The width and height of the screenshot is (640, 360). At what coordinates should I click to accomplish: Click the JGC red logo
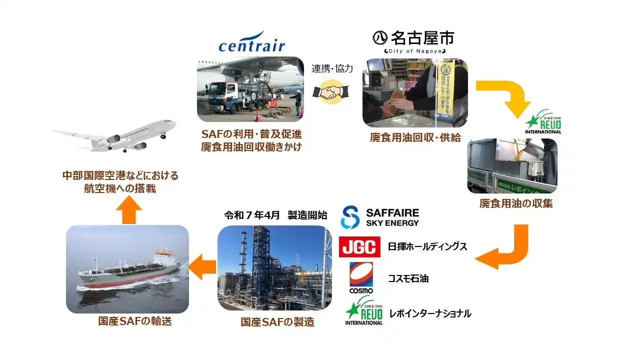click(x=359, y=247)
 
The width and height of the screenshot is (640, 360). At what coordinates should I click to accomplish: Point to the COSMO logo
click(x=361, y=278)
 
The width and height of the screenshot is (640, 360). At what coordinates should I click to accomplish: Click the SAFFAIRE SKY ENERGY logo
click(x=379, y=217)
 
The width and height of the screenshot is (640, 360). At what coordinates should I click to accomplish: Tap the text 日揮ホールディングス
click(x=427, y=246)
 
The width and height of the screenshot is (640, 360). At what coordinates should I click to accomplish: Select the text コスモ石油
click(x=408, y=278)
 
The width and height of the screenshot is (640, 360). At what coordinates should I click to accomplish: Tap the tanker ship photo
click(x=127, y=269)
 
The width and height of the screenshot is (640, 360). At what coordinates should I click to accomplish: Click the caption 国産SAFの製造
click(x=277, y=322)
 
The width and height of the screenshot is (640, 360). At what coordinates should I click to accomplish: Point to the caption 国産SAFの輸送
click(x=134, y=321)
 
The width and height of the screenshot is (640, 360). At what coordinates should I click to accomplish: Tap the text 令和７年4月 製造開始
click(x=275, y=215)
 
